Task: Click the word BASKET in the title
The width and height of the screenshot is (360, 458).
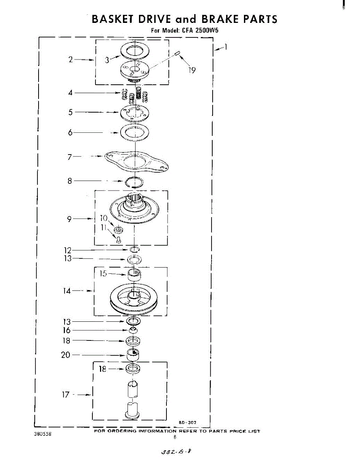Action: tap(113, 19)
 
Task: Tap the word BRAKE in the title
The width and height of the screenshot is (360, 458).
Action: tap(220, 19)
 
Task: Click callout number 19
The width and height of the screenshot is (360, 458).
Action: tap(192, 70)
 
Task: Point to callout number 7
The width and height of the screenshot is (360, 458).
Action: tap(69, 156)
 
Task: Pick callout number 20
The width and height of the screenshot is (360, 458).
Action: tap(66, 355)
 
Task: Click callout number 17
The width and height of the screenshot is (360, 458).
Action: tap(66, 395)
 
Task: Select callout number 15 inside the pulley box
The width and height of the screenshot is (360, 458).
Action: tap(103, 274)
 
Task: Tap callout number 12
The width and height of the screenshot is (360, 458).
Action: tap(68, 250)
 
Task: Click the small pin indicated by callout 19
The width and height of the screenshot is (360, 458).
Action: tap(177, 54)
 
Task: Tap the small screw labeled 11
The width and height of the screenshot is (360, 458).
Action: tap(118, 240)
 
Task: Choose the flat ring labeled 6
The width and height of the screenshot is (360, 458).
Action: tap(134, 132)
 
